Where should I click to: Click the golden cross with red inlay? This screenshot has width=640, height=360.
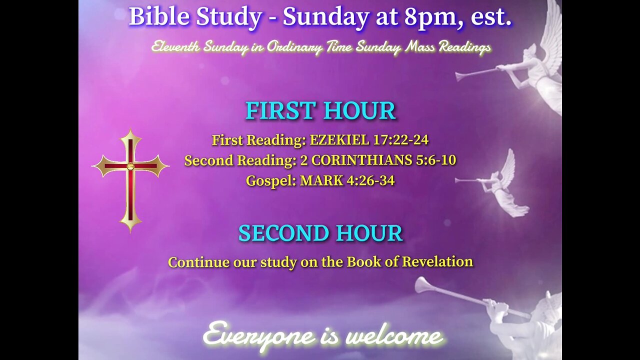[130, 180]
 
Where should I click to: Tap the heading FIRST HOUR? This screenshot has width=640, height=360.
[320, 111]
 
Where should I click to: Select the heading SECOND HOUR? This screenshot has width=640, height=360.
[320, 233]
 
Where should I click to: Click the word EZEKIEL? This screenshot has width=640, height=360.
[339, 140]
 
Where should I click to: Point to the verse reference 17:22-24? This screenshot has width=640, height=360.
[400, 140]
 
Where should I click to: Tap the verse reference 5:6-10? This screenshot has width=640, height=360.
[434, 160]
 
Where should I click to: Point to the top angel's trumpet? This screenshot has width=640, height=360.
[480, 73]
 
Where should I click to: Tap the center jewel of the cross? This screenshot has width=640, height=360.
[130, 166]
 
